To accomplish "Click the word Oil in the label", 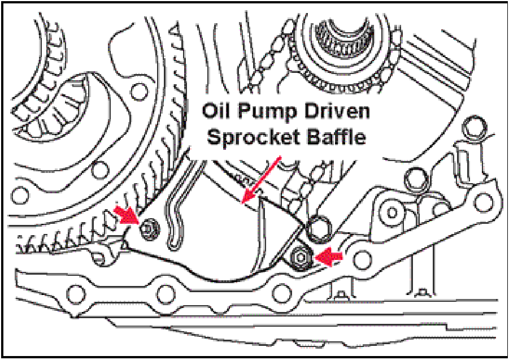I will click(219, 111).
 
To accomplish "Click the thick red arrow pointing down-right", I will click(127, 215).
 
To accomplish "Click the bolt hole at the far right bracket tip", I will click(483, 199).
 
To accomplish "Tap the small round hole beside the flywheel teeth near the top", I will click(136, 89).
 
